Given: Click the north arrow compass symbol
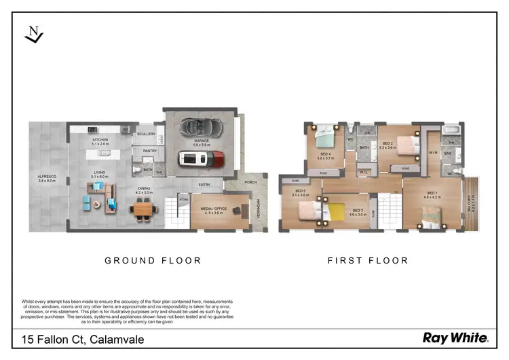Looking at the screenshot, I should tap(33, 35).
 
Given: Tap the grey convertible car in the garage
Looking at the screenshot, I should tap(197, 127).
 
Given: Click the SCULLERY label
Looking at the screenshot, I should tap(146, 134).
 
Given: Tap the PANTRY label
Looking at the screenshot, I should tap(149, 151).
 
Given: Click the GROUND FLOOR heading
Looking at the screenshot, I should tap(153, 260).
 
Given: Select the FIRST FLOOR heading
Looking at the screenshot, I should tap(368, 260).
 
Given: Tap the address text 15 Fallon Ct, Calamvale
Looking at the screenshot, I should tap(83, 338).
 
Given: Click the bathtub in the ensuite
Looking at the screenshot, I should tap(451, 130).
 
